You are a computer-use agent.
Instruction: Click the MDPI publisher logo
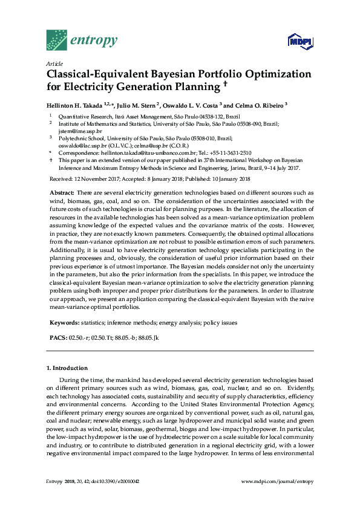point(299,41)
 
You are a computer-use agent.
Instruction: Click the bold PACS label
point(59,337)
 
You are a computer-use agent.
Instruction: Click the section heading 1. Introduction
point(67,368)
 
